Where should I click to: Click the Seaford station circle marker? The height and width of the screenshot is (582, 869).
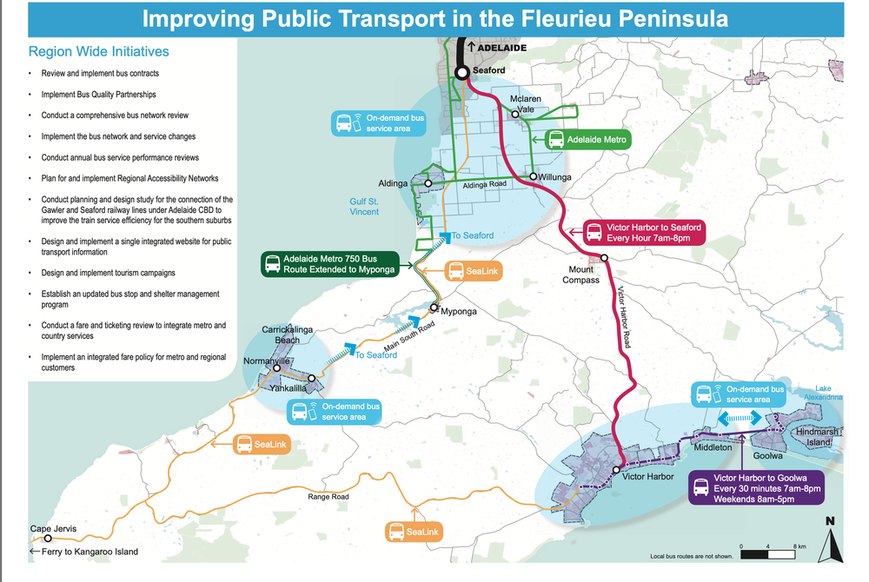click(x=462, y=72)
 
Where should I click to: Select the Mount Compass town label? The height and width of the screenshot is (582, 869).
click(x=580, y=274)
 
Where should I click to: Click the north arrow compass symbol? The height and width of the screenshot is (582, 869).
click(x=831, y=540)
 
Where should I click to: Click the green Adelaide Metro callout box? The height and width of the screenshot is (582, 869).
click(x=587, y=139)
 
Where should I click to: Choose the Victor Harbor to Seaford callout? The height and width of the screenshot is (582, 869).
click(x=644, y=233)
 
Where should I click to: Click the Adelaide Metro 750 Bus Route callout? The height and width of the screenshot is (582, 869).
click(x=329, y=264)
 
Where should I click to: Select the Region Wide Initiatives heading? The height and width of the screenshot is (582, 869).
click(x=98, y=52)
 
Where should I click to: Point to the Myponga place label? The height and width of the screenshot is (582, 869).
click(x=460, y=311)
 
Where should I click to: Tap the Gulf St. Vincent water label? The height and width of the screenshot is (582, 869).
click(x=364, y=206)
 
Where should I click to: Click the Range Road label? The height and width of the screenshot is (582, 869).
click(x=328, y=497)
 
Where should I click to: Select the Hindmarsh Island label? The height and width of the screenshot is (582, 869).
click(x=817, y=437)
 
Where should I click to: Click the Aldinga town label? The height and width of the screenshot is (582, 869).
click(x=393, y=184)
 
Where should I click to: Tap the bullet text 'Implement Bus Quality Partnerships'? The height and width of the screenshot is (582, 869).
click(x=98, y=94)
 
